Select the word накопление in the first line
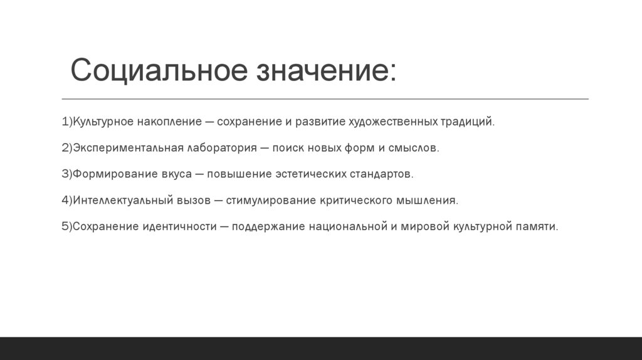[x=169, y=121]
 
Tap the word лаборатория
[x=216, y=148]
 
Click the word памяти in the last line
[x=537, y=226]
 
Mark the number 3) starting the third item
[x=66, y=174]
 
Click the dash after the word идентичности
[x=224, y=226]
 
